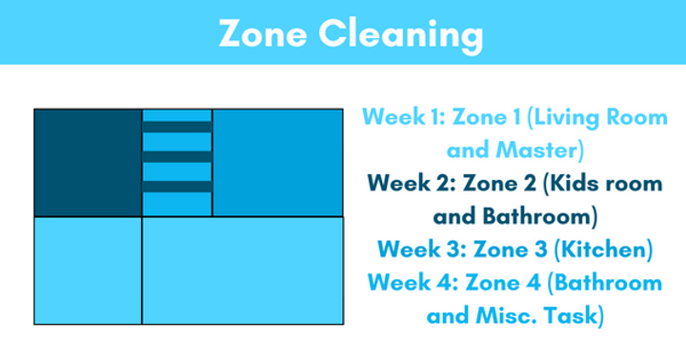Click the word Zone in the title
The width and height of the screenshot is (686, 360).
[x=263, y=33]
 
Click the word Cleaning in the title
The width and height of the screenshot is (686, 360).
[x=401, y=35]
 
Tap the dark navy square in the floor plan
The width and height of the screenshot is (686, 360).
[x=88, y=163]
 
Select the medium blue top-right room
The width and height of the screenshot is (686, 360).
[x=278, y=163]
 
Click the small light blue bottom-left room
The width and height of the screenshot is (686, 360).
[x=88, y=270]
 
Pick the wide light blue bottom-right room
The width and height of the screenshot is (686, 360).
[x=243, y=270]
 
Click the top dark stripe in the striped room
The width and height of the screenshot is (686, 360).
[x=177, y=127]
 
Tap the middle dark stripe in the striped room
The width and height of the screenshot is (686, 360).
[x=177, y=156]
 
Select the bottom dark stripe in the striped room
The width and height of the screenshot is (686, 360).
[x=177, y=187]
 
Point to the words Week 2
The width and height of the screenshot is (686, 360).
[x=412, y=183]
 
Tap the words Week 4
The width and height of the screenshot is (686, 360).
[x=413, y=282]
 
